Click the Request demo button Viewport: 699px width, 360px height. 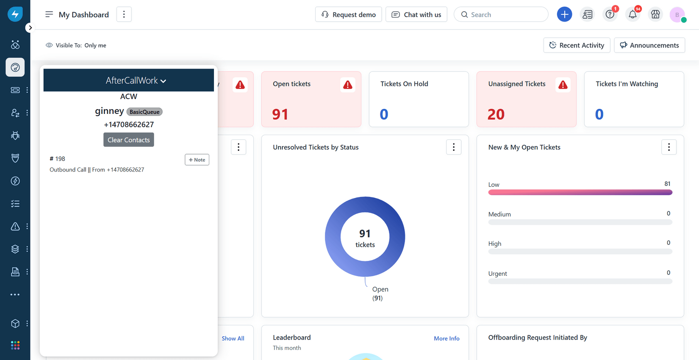click(x=348, y=14)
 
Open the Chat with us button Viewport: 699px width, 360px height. click(x=416, y=14)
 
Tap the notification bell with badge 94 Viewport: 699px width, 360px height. click(x=632, y=14)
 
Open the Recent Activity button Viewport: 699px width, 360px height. click(x=577, y=45)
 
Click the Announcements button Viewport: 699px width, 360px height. click(x=649, y=45)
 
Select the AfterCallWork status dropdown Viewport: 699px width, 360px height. click(x=136, y=80)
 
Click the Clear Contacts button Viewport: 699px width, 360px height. click(x=128, y=140)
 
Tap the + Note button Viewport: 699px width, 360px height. click(x=197, y=160)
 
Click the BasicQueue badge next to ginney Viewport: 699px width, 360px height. click(x=144, y=112)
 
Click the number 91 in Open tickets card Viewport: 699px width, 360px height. click(x=280, y=114)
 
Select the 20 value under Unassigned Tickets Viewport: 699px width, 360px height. click(x=496, y=114)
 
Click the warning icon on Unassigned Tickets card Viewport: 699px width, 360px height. click(x=563, y=85)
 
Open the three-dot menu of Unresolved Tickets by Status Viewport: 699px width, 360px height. click(x=453, y=147)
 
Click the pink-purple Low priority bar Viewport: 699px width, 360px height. click(x=580, y=192)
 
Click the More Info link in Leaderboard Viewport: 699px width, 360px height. click(x=447, y=338)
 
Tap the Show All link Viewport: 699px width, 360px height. click(x=233, y=338)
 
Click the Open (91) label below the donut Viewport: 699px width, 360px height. click(x=380, y=293)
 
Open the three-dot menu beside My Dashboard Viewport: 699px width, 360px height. click(x=124, y=14)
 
